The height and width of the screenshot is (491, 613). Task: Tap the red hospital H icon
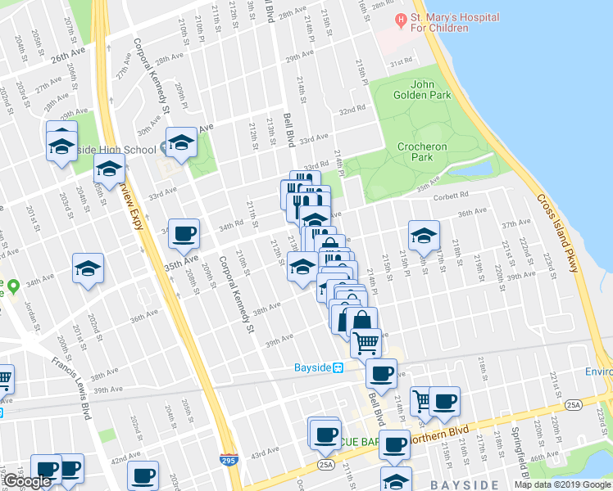click(400, 19)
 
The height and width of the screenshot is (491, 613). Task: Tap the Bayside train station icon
click(336, 367)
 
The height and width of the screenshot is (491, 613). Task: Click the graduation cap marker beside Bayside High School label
click(181, 144)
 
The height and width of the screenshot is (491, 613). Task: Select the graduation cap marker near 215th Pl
click(424, 236)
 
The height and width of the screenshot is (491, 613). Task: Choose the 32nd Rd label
click(352, 110)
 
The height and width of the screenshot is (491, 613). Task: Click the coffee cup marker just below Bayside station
click(380, 375)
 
